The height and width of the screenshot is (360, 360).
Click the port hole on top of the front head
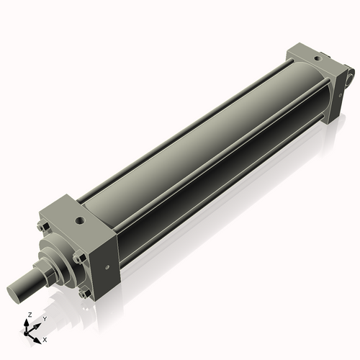click(78, 215)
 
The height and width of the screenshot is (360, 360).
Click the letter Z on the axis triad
click(29, 315)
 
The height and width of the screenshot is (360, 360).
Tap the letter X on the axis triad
click(45, 338)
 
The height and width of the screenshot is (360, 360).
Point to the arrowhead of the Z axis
click(28, 322)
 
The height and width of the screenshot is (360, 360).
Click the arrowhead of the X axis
click(38, 336)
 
